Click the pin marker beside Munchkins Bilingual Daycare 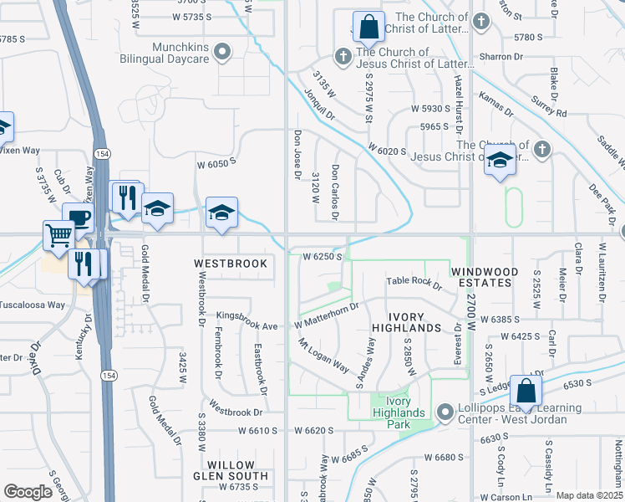click(x=222, y=54)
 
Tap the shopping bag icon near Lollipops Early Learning click(x=526, y=390)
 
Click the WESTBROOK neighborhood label click(x=231, y=264)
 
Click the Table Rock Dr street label click(x=414, y=283)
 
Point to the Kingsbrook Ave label click(x=246, y=318)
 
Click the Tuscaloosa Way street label click(x=33, y=305)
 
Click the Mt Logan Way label click(x=323, y=356)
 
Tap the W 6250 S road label click(x=323, y=256)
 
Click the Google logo click(x=28, y=492)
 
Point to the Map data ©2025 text click(x=589, y=495)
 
